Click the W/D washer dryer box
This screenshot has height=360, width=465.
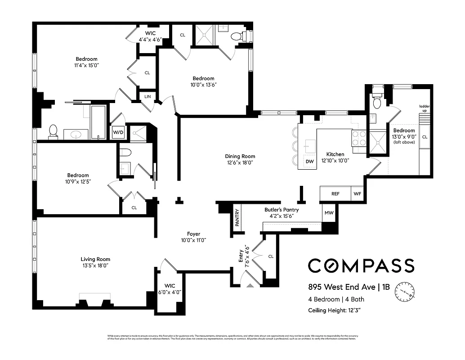point(118,133)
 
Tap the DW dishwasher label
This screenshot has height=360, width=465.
point(309,161)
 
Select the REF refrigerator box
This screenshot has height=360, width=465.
point(335,193)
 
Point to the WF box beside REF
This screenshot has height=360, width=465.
point(358,193)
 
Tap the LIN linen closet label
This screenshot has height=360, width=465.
point(147,96)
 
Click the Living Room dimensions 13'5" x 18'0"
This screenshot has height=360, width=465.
point(95,265)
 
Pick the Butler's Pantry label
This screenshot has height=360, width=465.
point(282,210)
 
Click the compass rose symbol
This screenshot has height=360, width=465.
point(407,292)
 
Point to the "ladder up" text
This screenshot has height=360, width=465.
point(424,108)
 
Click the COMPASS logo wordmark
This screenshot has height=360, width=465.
point(361,265)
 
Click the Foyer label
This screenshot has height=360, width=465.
point(193,234)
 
